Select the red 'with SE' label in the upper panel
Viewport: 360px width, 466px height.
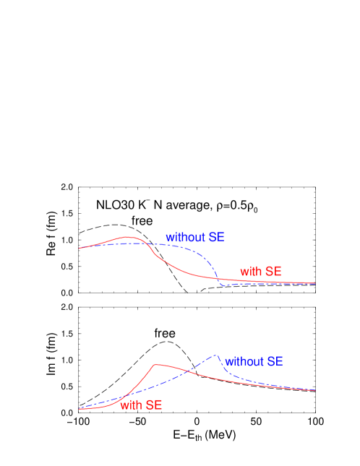pyautogui.click(x=260, y=272)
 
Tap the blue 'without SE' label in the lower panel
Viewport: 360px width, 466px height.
pyautogui.click(x=254, y=361)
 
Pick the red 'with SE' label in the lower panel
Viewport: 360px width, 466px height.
pyautogui.click(x=141, y=405)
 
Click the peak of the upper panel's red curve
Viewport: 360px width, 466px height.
pyautogui.click(x=129, y=237)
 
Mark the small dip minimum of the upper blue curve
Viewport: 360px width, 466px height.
pyautogui.click(x=224, y=286)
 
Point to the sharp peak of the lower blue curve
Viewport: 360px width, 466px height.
pyautogui.click(x=215, y=355)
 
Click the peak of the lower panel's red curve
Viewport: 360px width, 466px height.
pyautogui.click(x=155, y=365)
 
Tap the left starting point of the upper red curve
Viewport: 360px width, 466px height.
pyautogui.click(x=80, y=248)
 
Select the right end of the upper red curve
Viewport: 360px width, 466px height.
pyautogui.click(x=315, y=283)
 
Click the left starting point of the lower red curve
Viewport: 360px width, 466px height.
pyautogui.click(x=80, y=409)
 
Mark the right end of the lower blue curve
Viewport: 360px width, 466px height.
pyautogui.click(x=315, y=390)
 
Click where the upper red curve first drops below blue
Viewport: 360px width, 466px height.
pyautogui.click(x=147, y=244)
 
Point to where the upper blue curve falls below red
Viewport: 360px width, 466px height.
pyautogui.click(x=218, y=278)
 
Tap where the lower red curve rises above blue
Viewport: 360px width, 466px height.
pyautogui.click(x=129, y=394)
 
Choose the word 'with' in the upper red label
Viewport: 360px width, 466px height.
pyautogui.click(x=251, y=272)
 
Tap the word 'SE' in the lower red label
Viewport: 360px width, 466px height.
pyautogui.click(x=153, y=405)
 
